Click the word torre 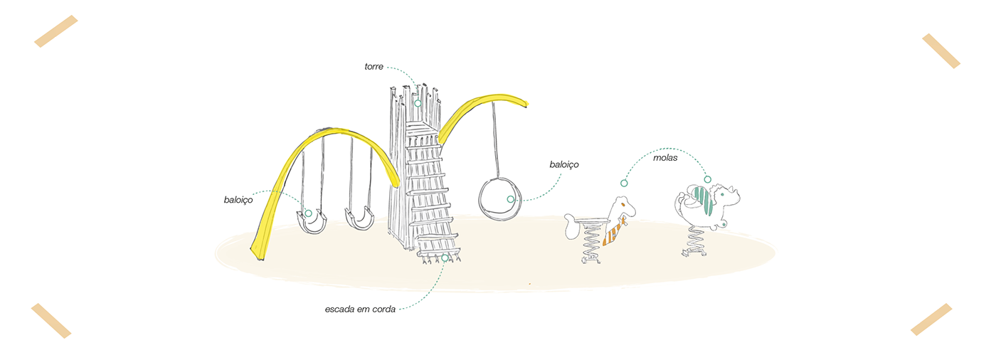(373, 67)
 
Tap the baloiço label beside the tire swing (563, 164)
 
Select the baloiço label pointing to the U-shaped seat (238, 201)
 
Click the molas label (665, 157)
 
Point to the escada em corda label (360, 309)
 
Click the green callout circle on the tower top (418, 103)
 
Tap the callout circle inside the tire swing (511, 199)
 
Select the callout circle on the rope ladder (445, 258)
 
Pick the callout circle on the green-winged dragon (707, 179)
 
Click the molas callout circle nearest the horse (624, 184)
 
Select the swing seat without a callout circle (359, 218)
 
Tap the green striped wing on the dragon (704, 201)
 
